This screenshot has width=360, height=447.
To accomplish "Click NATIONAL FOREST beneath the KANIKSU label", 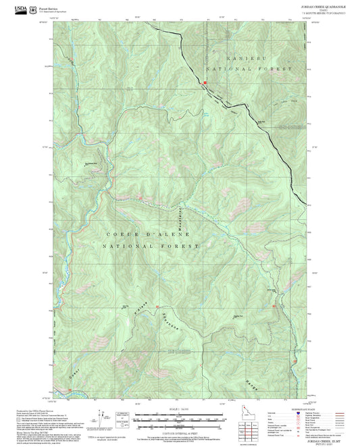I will pyautogui.click(x=250, y=69).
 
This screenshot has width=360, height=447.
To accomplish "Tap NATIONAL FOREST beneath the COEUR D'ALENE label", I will pyautogui.click(x=150, y=246).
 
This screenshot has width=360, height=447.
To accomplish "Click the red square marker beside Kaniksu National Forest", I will pyautogui.click(x=204, y=82).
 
